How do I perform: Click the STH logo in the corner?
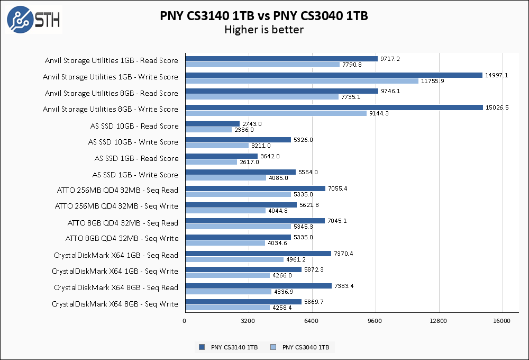tap(33, 21)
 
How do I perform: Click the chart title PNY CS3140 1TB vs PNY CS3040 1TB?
tap(264, 16)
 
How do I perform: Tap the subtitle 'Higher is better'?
tap(264, 30)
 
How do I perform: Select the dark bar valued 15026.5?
tap(334, 107)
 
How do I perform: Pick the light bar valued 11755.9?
tap(302, 81)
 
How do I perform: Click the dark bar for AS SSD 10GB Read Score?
tap(212, 124)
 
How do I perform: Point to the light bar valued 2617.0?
tap(211, 162)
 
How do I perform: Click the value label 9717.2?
tap(390, 59)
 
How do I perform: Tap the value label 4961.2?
tap(297, 259)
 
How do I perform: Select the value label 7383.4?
tap(344, 286)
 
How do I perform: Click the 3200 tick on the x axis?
tap(248, 321)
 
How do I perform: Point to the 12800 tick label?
tap(439, 321)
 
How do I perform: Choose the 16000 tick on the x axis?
tap(502, 321)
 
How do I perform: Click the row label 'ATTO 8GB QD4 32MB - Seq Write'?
tap(122, 238)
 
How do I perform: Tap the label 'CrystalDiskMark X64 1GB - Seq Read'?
tap(116, 255)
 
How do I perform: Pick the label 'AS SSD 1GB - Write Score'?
tap(135, 175)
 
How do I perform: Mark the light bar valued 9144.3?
tap(276, 113)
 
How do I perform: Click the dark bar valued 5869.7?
tap(243, 302)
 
